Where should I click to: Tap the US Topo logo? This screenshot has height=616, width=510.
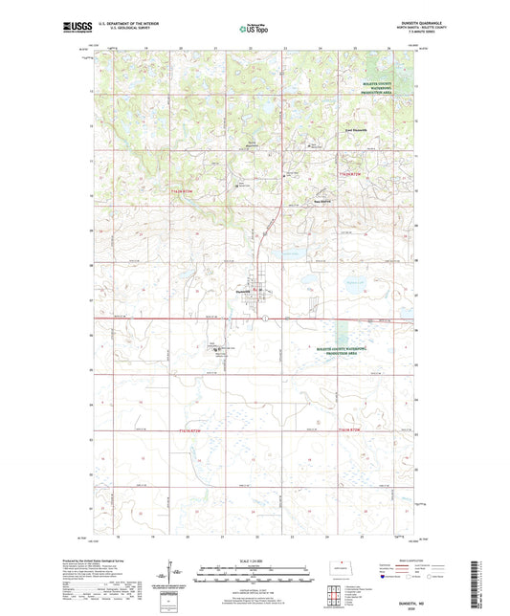pyautogui.click(x=254, y=30)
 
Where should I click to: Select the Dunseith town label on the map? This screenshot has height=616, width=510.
pyautogui.click(x=240, y=291)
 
